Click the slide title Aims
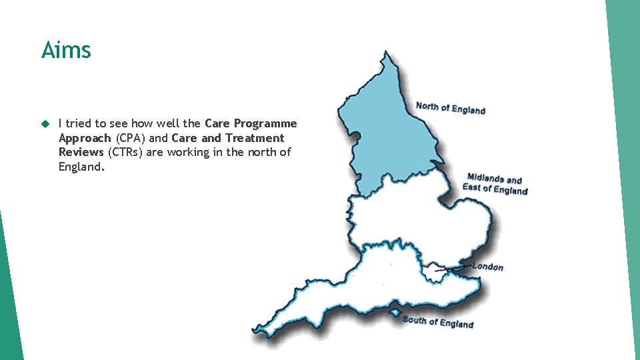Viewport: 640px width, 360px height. pos(66,50)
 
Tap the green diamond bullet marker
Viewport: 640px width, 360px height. pos(45,124)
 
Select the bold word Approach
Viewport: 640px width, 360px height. pos(85,138)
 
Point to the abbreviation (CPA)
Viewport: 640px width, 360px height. pos(131,138)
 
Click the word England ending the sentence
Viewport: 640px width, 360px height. pos(81,167)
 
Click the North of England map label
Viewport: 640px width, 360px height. pos(450,108)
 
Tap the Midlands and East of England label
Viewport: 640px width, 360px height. pos(495,184)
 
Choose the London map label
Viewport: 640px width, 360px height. pos(488,267)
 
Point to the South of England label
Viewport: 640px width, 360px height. pos(437,322)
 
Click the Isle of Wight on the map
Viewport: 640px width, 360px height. pos(395,312)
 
